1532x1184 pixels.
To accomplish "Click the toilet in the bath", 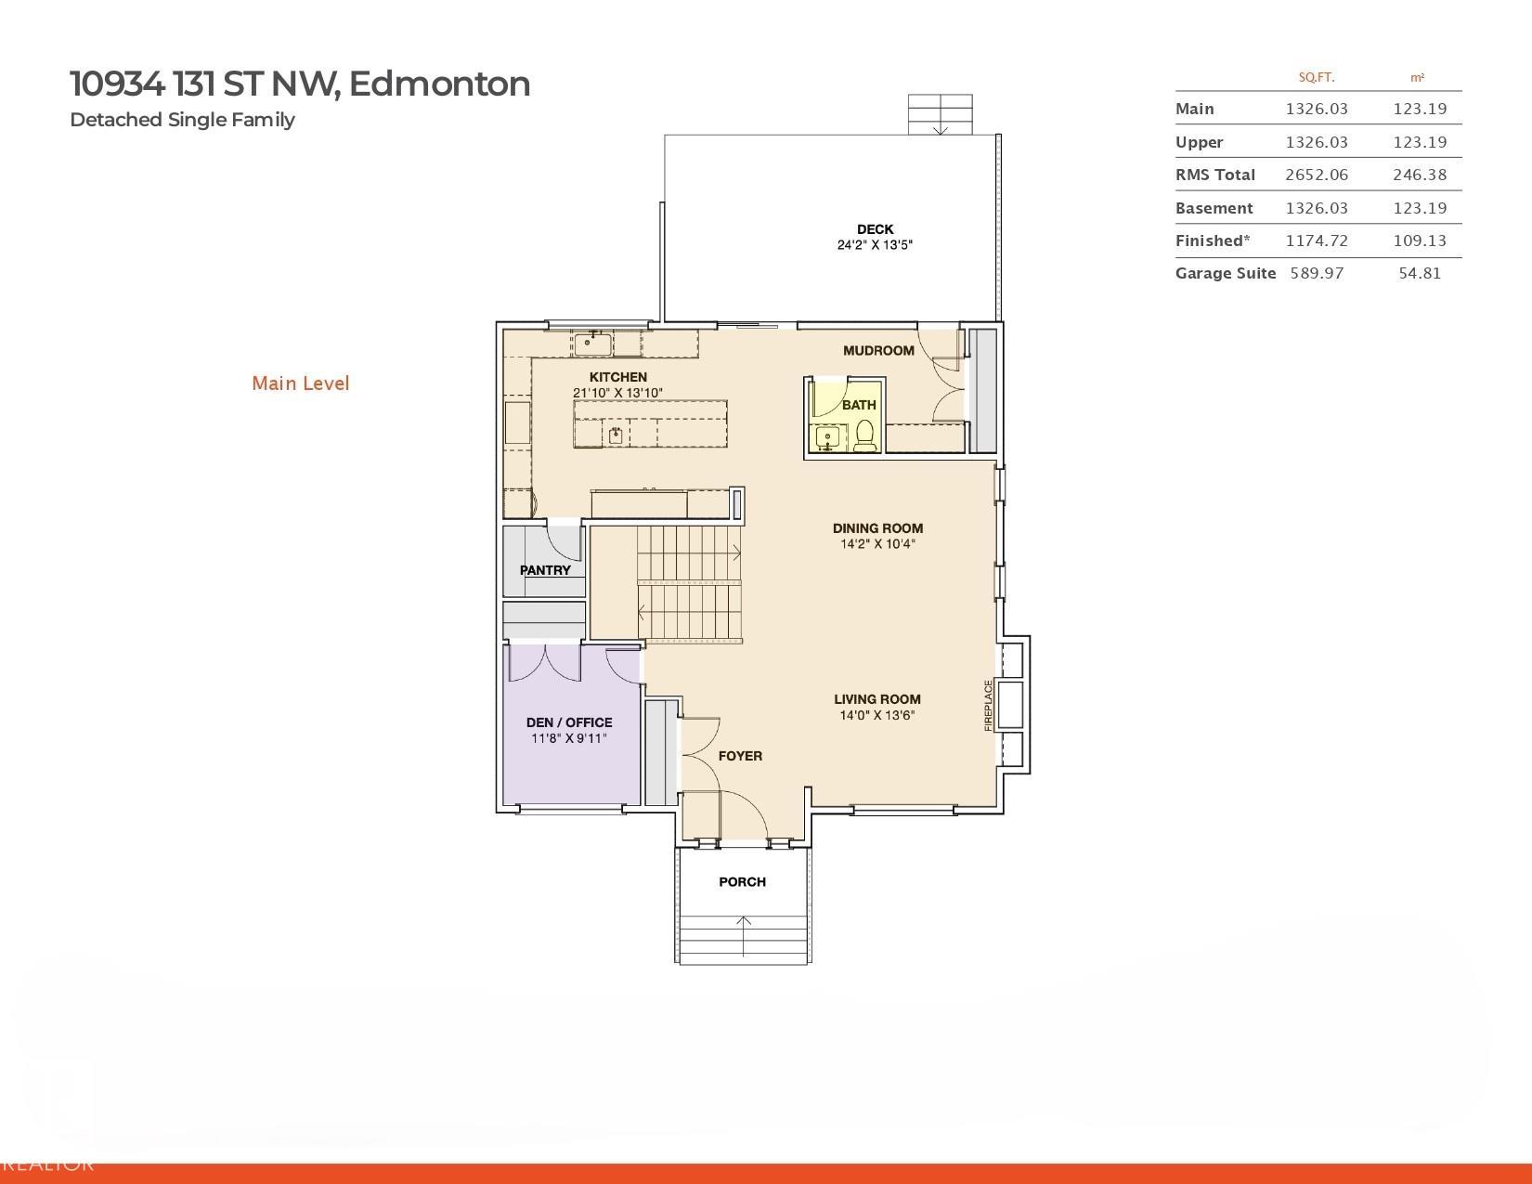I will (x=864, y=435).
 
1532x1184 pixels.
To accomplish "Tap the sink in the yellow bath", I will (x=826, y=436).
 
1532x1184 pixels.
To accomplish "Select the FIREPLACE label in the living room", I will (x=988, y=705).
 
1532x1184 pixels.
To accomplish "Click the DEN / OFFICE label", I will (x=569, y=722).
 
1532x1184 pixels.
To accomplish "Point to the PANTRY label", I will (x=545, y=570).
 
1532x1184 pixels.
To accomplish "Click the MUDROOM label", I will (x=878, y=350).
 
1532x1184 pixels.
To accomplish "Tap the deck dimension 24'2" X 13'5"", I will (x=875, y=245).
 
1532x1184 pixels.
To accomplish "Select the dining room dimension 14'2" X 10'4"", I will (x=877, y=544).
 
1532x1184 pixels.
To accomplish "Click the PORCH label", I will (x=742, y=881).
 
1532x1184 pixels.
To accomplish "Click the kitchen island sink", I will (x=615, y=434).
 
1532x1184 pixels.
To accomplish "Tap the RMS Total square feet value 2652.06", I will (x=1316, y=175).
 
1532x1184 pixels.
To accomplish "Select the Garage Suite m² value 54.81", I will (x=1419, y=273).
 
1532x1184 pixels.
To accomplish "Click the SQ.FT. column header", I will (x=1316, y=77).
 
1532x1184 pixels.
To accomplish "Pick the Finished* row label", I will (x=1212, y=241).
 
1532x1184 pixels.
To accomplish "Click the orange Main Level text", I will (x=300, y=384).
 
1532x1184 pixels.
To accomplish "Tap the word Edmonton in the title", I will (x=439, y=84).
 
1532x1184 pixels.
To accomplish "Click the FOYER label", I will (x=740, y=756).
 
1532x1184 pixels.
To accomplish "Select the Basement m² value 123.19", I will (x=1419, y=208).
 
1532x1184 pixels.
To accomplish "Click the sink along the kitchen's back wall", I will (x=592, y=343).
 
